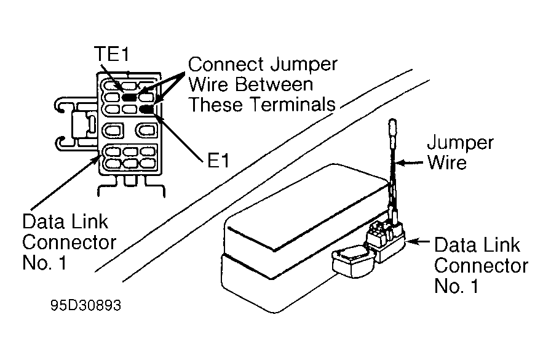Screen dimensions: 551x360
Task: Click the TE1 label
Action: [112, 54]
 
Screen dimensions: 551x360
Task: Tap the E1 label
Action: [218, 161]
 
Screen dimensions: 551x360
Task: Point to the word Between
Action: [274, 84]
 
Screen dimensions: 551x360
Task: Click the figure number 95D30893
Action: [85, 305]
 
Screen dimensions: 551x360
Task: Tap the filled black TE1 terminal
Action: [129, 97]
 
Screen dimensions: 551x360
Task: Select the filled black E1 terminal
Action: [147, 110]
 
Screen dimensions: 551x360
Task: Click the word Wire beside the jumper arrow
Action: [447, 162]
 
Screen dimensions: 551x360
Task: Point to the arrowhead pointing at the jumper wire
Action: [400, 163]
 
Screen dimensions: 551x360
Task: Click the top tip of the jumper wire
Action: [392, 120]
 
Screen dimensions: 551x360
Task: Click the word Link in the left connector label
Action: [90, 222]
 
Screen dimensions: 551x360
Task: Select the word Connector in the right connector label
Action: [481, 266]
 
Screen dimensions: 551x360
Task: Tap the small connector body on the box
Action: [386, 239]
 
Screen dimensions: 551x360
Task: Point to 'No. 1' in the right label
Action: [456, 286]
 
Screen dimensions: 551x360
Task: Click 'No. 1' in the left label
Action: [44, 262]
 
